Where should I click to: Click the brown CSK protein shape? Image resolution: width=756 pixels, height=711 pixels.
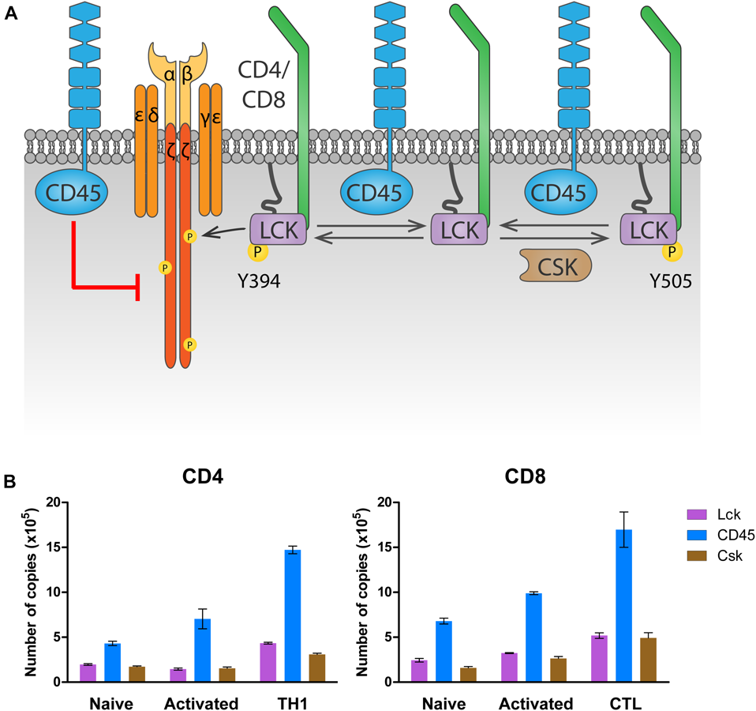tap(552, 267)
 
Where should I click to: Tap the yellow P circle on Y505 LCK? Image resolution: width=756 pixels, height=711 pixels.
tap(672, 251)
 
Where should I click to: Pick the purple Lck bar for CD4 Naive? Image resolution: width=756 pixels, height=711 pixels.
tap(88, 672)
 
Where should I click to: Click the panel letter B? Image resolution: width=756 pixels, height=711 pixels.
tap(11, 479)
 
